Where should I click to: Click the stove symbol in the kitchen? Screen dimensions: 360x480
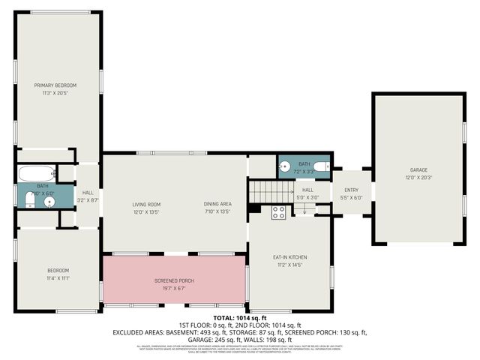278,211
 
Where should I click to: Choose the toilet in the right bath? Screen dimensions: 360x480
319,166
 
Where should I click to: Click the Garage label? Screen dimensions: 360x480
418,170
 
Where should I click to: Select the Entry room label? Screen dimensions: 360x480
352,190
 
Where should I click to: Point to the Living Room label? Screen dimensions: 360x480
147,204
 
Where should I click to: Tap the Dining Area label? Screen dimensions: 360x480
217,204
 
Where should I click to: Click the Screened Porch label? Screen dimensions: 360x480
175,280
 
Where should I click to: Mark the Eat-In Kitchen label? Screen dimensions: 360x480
289,257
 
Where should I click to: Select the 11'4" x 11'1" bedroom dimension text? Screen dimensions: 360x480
58,277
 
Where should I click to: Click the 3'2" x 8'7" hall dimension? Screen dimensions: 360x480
88,200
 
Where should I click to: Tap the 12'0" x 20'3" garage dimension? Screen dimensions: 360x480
418,178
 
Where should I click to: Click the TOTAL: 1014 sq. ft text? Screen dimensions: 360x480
240,318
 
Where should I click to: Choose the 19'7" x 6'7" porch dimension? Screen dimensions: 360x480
175,288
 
